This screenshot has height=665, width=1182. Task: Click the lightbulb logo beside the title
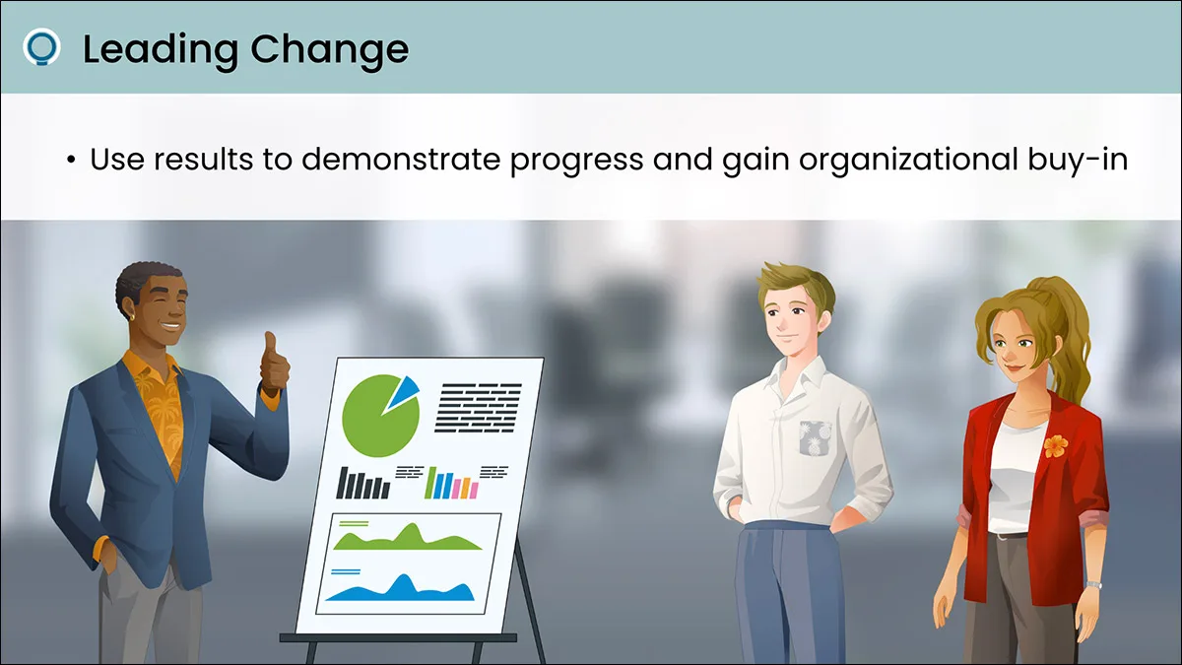(41, 47)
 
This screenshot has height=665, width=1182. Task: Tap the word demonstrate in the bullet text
(401, 159)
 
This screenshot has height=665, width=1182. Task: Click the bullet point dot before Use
(71, 160)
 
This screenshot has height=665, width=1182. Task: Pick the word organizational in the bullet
(908, 160)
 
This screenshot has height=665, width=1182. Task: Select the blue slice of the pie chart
(403, 393)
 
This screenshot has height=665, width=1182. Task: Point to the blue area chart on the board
(401, 589)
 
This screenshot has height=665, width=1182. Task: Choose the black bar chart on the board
(363, 484)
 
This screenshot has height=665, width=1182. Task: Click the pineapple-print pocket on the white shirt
(815, 438)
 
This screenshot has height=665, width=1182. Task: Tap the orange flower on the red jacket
(1055, 446)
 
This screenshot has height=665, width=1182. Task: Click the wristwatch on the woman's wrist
(1093, 585)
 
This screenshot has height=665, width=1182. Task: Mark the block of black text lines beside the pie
(478, 408)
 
